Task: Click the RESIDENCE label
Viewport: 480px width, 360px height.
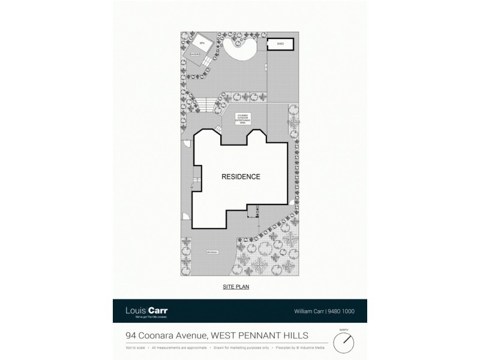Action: pyautogui.click(x=241, y=177)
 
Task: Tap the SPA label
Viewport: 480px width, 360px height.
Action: pyautogui.click(x=202, y=44)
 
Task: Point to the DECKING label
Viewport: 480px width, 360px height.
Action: pyautogui.click(x=196, y=55)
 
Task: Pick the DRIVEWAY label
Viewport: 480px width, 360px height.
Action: pyautogui.click(x=212, y=252)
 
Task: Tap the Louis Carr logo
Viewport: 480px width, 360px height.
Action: pyautogui.click(x=147, y=311)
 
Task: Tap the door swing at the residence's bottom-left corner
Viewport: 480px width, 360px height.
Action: pyautogui.click(x=186, y=218)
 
